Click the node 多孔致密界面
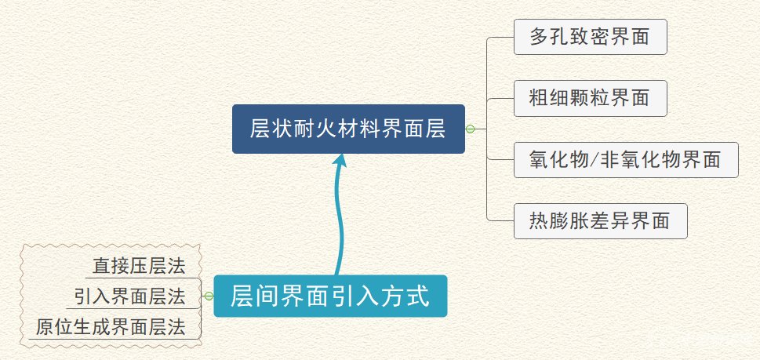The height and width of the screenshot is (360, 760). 590,37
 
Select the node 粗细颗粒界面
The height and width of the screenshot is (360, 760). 590,98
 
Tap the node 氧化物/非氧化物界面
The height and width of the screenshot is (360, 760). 625,159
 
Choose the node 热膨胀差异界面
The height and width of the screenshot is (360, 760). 600,221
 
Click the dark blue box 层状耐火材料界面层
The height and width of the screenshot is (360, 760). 348,129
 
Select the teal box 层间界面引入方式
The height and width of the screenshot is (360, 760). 330,296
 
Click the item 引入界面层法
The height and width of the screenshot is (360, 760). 129,296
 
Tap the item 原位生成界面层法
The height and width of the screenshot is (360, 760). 111,326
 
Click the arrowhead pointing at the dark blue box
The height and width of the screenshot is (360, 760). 340,161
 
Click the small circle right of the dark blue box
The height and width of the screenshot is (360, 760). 470,129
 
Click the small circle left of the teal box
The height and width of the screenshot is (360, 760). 209,296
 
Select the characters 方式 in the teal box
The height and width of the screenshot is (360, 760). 407,296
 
